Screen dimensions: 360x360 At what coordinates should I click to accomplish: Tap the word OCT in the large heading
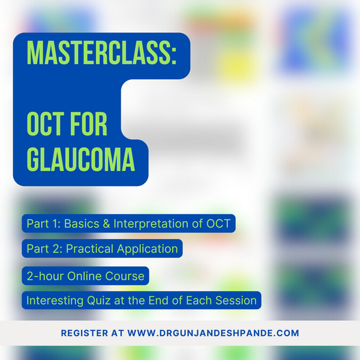(47, 125)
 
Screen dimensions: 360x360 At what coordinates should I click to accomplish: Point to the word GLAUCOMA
(80, 161)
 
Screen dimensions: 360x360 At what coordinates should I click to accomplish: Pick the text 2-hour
(45, 277)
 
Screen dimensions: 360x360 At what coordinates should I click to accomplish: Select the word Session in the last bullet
(239, 300)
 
